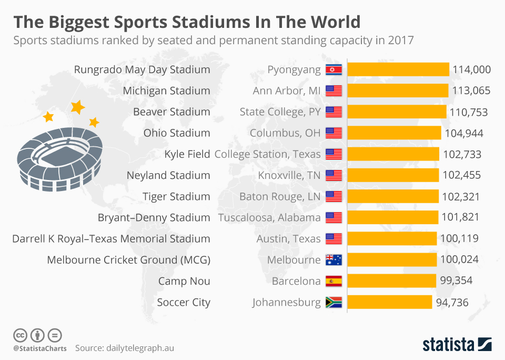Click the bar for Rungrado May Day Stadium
[398, 69]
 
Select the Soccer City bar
[390, 302]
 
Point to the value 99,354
[456, 281]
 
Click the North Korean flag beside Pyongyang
[334, 69]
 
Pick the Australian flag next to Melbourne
[334, 259]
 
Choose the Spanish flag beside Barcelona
[334, 281]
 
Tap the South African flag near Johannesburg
[334, 302]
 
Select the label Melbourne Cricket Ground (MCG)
[128, 260]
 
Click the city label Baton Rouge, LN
[280, 196]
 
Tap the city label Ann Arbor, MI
[287, 91]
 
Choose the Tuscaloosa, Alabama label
[269, 217]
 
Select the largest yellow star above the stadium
[78, 107]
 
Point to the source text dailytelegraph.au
[140, 348]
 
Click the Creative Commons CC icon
[20, 335]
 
